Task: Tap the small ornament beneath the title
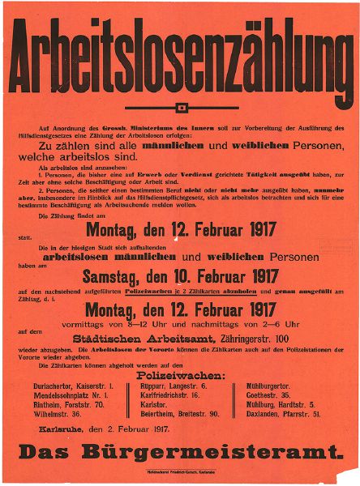point(180,107)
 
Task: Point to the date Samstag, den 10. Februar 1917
point(180,276)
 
